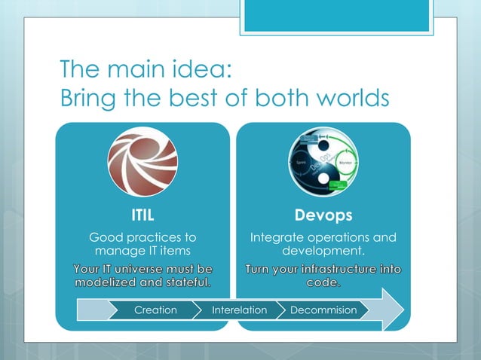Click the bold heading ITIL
point(142,215)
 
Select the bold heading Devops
point(323,215)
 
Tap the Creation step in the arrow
point(155,310)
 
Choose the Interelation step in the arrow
point(239,310)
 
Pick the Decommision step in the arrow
point(323,310)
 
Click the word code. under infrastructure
point(323,283)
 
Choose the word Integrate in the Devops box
point(278,238)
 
